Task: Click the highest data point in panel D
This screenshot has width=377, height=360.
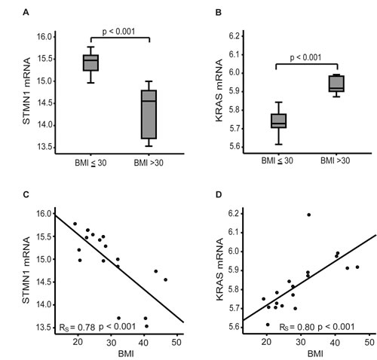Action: tap(308, 215)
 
